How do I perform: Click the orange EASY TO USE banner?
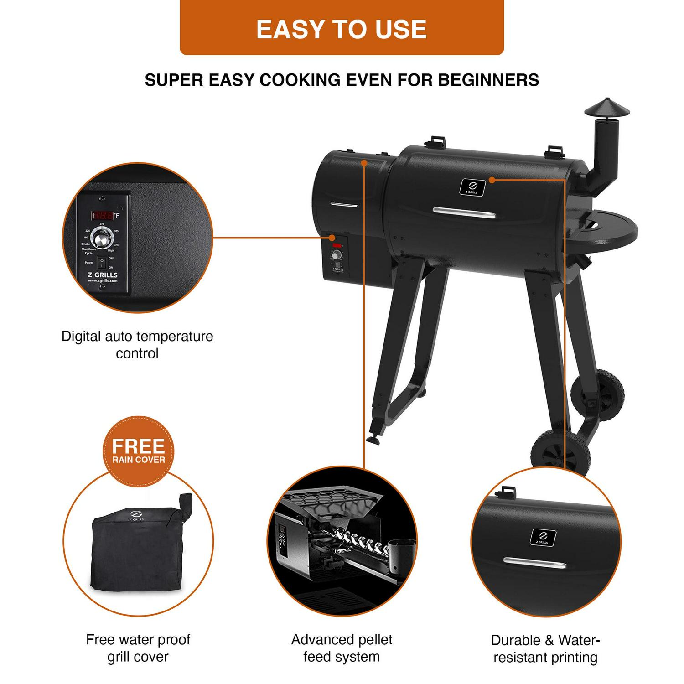pyautogui.click(x=342, y=28)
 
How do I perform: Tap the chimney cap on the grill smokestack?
pyautogui.click(x=604, y=108)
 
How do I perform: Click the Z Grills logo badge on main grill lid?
pyautogui.click(x=472, y=187)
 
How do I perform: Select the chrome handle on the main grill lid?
pyautogui.click(x=464, y=212)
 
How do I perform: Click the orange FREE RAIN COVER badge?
pyautogui.click(x=138, y=450)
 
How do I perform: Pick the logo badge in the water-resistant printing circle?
pyautogui.click(x=543, y=538)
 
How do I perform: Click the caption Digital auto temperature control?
pyautogui.click(x=137, y=345)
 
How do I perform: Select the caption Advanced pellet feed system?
pyautogui.click(x=342, y=648)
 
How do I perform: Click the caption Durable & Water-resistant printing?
pyautogui.click(x=545, y=649)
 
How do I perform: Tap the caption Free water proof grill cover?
pyautogui.click(x=138, y=648)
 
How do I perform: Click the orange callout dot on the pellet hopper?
pyautogui.click(x=364, y=162)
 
